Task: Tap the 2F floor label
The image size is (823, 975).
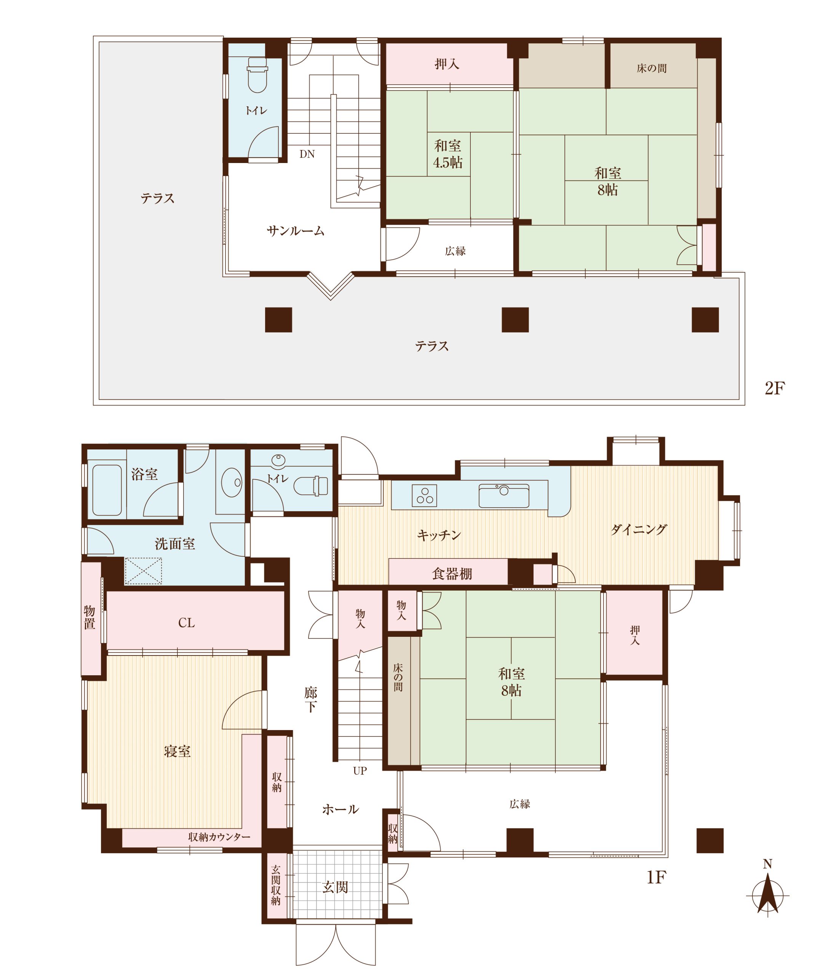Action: (x=775, y=388)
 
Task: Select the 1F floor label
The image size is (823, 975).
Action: (x=656, y=877)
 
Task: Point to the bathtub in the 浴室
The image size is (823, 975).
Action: (x=107, y=490)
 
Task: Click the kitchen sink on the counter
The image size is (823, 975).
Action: (x=504, y=496)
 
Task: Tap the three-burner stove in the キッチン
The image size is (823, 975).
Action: (x=425, y=495)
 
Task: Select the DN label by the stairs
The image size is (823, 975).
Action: (x=307, y=154)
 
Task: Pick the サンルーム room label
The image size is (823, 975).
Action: (x=295, y=231)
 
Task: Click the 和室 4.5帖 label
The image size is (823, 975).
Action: (x=448, y=154)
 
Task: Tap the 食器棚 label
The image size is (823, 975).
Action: (x=452, y=574)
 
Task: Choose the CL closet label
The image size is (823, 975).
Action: (x=187, y=623)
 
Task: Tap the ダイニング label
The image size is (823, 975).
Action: (x=639, y=529)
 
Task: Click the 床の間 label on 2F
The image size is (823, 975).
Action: (x=651, y=69)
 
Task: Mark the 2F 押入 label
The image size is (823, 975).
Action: (x=447, y=64)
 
